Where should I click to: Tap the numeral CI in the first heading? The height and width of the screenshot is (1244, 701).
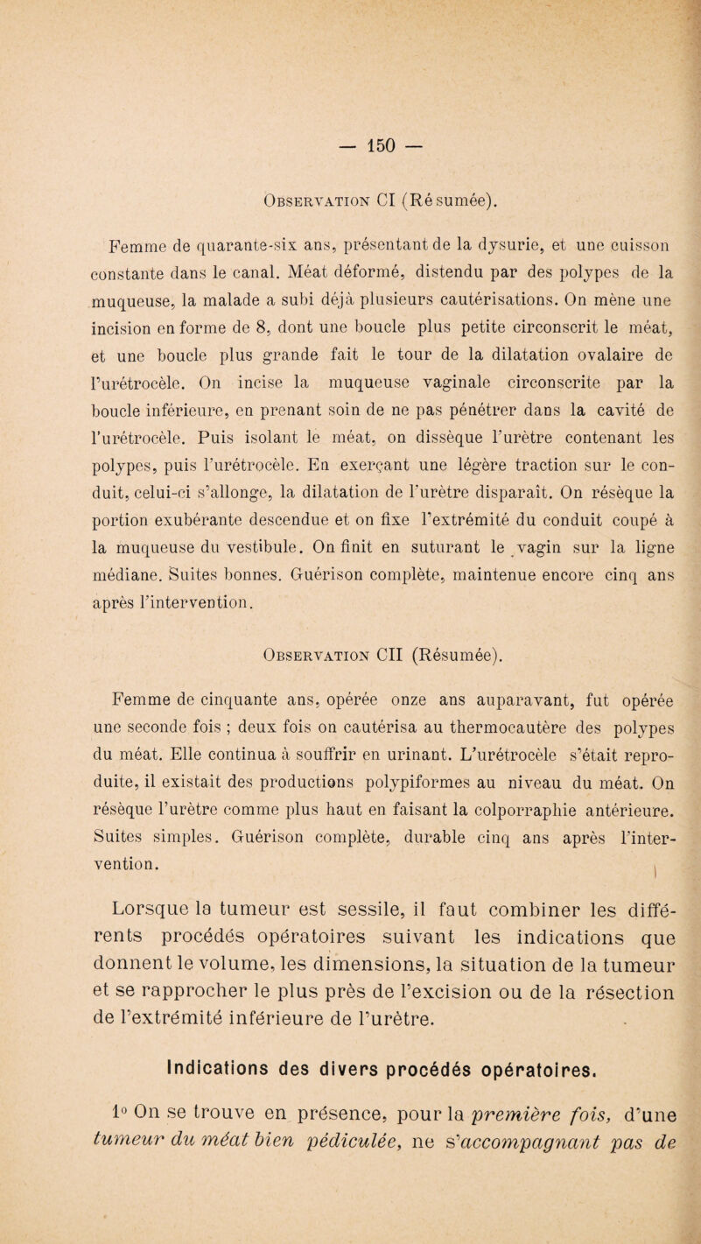click(x=353, y=206)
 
